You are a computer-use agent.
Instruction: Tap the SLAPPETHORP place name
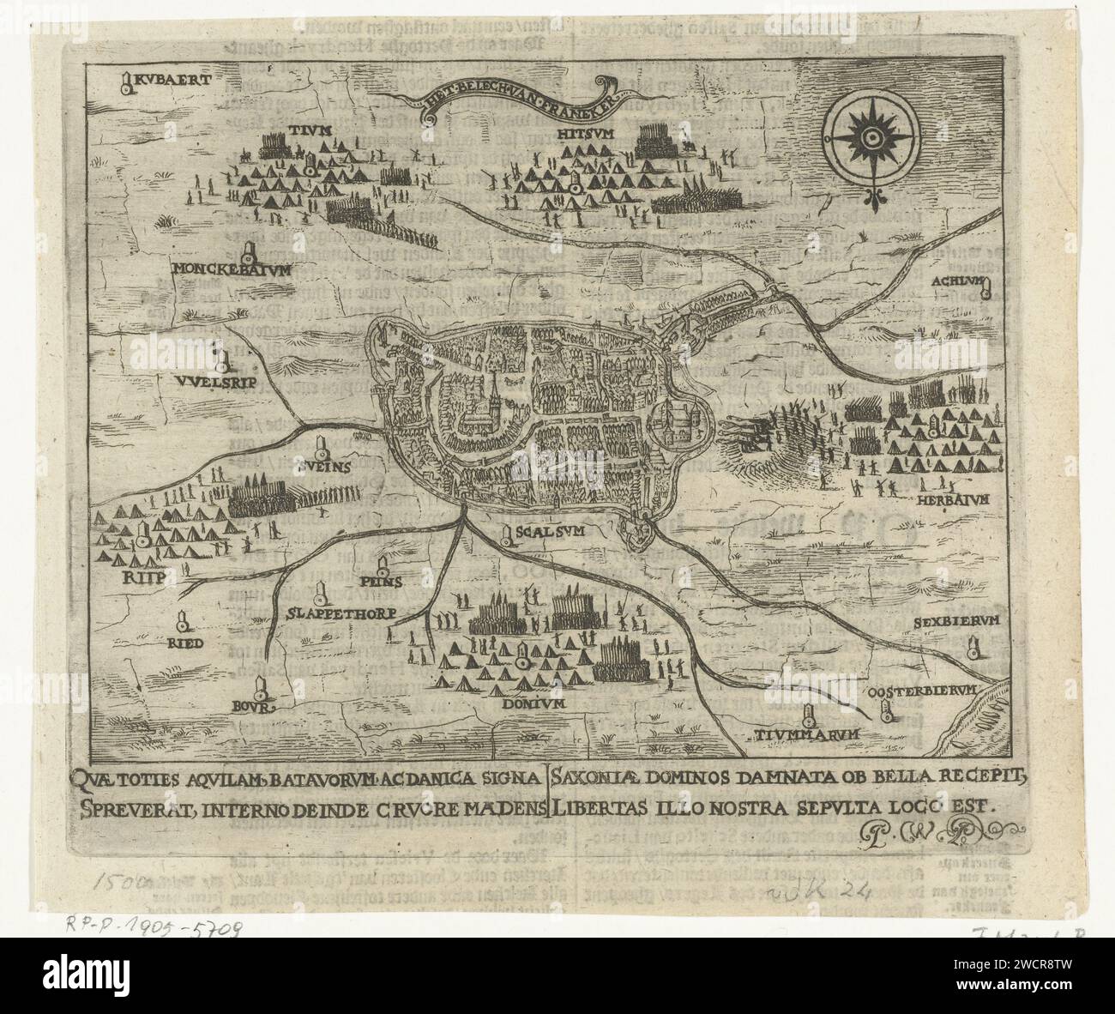[341, 614]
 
